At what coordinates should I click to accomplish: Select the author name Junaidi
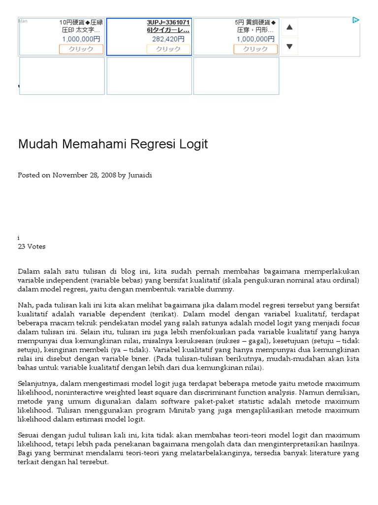(x=140, y=175)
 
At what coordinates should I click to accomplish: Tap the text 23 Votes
(x=31, y=247)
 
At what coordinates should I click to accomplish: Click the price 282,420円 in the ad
(x=168, y=39)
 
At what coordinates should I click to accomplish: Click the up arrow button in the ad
(x=289, y=27)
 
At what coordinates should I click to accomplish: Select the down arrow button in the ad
(x=289, y=46)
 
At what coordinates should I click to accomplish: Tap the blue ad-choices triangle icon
(x=355, y=20)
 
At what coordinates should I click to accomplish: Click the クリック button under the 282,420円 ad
(x=168, y=49)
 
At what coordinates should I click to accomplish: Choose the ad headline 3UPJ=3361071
(x=168, y=23)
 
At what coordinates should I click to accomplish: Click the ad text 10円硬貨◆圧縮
(x=81, y=23)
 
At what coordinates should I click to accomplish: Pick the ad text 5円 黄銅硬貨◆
(x=255, y=23)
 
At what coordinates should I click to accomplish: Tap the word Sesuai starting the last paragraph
(x=29, y=435)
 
